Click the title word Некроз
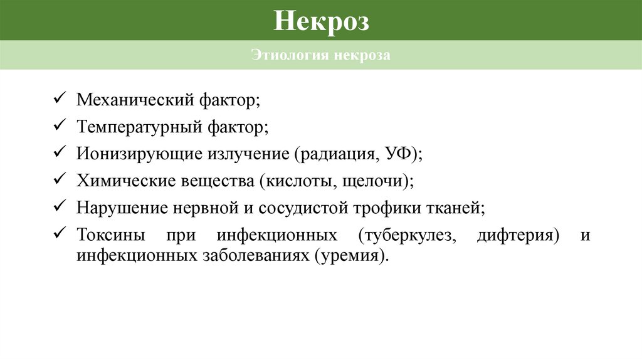[x=321, y=21]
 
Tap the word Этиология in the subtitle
[x=290, y=56]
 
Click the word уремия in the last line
[x=349, y=256]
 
